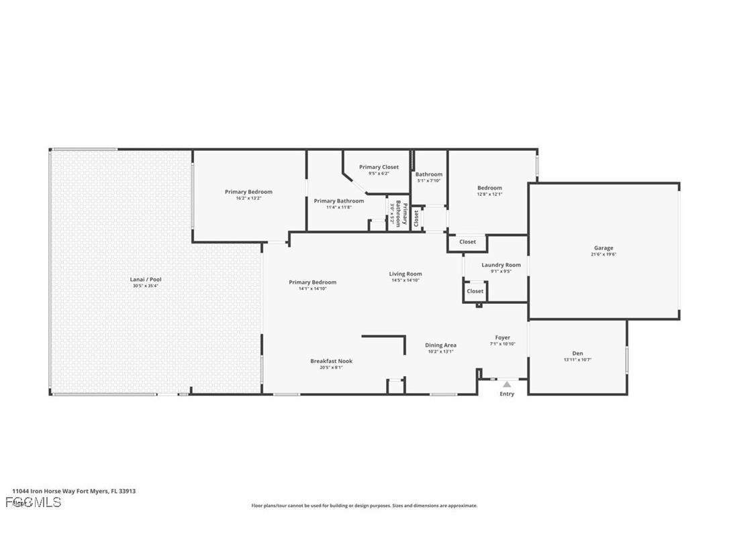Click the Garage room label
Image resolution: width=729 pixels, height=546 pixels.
click(x=603, y=248)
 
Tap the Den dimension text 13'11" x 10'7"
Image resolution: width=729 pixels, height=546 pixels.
click(x=577, y=360)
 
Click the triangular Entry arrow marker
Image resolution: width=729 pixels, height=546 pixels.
click(x=507, y=384)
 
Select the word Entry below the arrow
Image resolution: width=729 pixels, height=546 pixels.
click(x=507, y=394)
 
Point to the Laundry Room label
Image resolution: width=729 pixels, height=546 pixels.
click(x=501, y=265)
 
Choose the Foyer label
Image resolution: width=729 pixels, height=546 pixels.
click(x=502, y=337)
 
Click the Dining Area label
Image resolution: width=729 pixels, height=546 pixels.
click(x=440, y=345)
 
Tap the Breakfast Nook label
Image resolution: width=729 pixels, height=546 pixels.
click(x=331, y=361)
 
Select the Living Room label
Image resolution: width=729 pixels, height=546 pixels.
click(x=405, y=274)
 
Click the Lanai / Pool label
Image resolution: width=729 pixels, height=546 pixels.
click(x=145, y=279)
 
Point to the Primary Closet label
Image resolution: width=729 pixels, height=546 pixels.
click(x=379, y=167)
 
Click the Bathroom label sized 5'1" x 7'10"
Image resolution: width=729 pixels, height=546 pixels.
click(x=428, y=174)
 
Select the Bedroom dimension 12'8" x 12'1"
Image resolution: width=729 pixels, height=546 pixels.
click(x=489, y=195)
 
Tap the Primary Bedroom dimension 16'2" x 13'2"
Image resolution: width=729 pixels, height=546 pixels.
click(x=248, y=198)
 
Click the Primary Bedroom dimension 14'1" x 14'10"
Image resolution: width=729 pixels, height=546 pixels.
click(x=312, y=288)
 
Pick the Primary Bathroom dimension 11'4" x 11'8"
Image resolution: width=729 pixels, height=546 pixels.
click(x=338, y=207)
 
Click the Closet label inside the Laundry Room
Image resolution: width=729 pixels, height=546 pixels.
click(x=475, y=291)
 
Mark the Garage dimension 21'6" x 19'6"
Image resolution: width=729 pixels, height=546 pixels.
click(x=603, y=254)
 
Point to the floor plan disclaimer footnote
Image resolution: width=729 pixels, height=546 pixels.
click(x=364, y=506)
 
